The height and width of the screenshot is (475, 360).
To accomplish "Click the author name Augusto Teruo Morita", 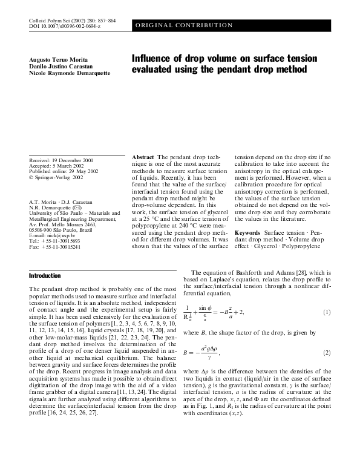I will [x=54, y=58].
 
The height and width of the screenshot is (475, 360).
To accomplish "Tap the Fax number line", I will [x=50, y=247].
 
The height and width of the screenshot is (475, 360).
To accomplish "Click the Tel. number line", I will [x=50, y=241].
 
